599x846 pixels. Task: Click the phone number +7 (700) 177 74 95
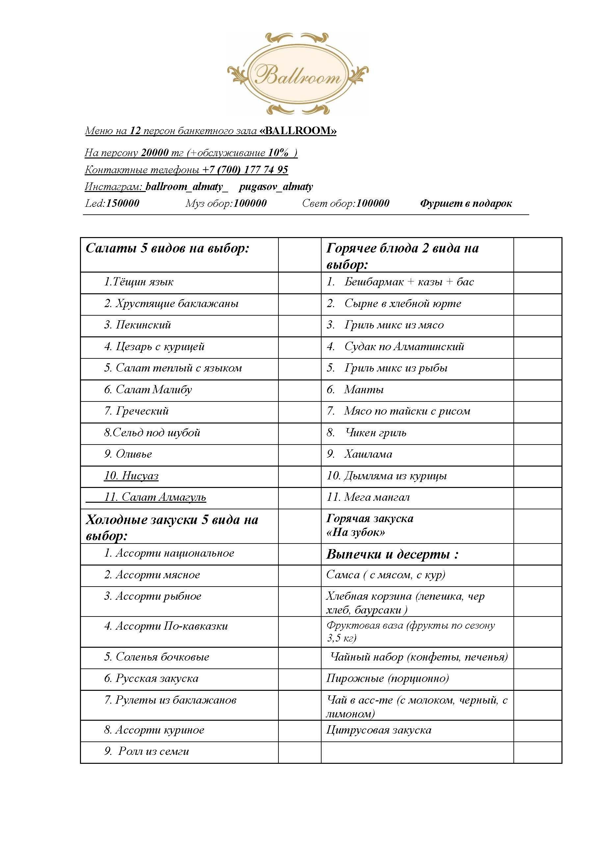[245, 170]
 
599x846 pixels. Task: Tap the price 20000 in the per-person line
[155, 153]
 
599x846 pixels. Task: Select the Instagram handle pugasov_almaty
[276, 187]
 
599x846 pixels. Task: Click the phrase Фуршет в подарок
[466, 204]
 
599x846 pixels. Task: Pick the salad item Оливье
[134, 454]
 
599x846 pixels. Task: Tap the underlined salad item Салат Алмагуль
[163, 497]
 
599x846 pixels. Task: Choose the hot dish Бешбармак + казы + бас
[409, 282]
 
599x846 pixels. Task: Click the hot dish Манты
[364, 390]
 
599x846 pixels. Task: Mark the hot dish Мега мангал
[377, 497]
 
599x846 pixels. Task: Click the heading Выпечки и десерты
[392, 555]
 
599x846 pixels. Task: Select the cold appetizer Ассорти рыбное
[158, 596]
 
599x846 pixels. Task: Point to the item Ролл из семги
[153, 752]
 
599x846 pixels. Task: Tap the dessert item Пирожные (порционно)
[387, 678]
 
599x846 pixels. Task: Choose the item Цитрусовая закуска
[378, 730]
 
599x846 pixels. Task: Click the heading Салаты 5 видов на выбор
[168, 248]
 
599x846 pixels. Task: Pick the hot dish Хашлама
[368, 454]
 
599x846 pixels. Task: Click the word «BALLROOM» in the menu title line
[298, 131]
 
